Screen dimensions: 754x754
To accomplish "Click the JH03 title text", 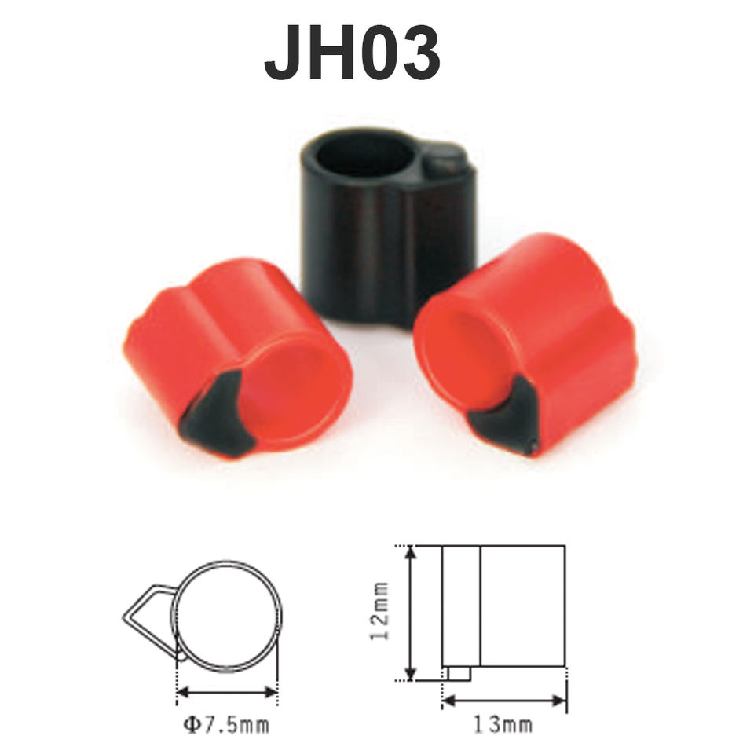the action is click(x=352, y=53).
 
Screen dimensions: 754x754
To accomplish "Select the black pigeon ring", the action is click(x=387, y=226).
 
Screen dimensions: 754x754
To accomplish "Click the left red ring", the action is click(x=238, y=358).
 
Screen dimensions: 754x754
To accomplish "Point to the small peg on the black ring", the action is click(x=445, y=163).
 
